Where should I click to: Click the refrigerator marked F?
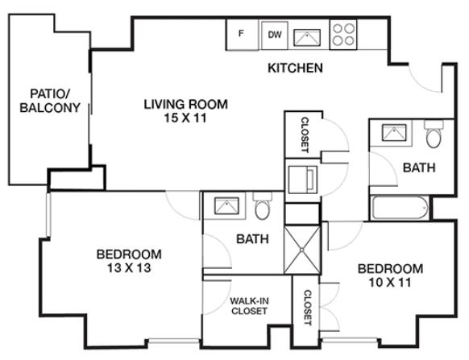point(243,35)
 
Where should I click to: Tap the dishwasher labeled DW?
point(275,35)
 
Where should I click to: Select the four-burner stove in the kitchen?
point(343,35)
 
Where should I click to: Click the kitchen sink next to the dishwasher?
point(307,38)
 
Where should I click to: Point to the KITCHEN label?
point(295,68)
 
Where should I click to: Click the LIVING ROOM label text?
point(185,105)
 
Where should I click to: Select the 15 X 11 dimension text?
point(185,118)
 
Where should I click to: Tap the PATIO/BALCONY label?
point(50,101)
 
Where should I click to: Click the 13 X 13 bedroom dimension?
point(129,268)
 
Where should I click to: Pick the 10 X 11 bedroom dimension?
point(390,283)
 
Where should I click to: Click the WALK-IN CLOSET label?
point(249,306)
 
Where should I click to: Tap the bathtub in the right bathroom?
point(400,207)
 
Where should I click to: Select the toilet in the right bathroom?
point(434,134)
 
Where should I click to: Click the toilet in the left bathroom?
point(263,206)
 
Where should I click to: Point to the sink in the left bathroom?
point(227,206)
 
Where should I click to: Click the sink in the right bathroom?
point(395,133)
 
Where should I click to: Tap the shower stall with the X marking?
point(302,250)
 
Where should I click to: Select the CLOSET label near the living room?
point(305,134)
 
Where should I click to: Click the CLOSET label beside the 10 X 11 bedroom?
point(308,308)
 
